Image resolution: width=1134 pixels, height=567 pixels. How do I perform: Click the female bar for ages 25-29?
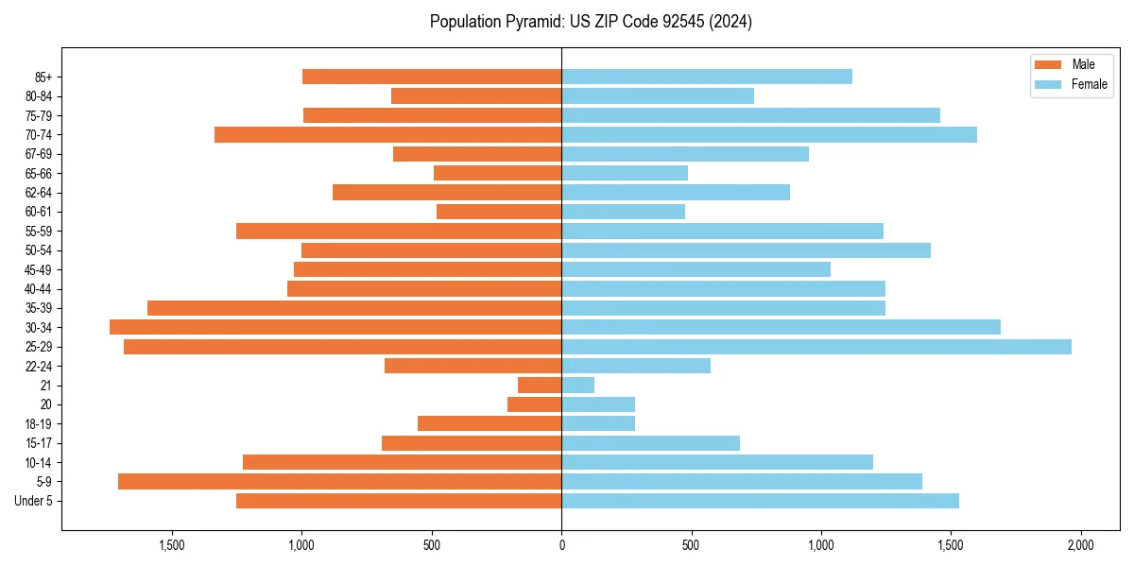(816, 347)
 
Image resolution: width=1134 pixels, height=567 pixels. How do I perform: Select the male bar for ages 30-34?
(335, 327)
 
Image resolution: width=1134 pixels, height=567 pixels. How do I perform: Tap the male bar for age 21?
(540, 386)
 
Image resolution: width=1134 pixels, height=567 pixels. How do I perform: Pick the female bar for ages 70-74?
(769, 134)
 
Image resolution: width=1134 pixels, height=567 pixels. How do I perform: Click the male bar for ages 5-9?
(339, 482)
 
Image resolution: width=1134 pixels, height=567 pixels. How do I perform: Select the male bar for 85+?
(432, 77)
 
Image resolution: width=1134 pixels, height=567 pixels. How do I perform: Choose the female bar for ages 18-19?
(598, 423)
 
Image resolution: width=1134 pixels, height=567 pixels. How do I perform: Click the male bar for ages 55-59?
(399, 231)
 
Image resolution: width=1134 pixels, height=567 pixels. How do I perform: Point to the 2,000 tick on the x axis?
(1081, 545)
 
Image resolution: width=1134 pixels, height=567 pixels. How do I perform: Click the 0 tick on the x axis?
(561, 545)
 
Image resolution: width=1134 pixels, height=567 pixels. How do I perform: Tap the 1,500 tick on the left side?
(171, 545)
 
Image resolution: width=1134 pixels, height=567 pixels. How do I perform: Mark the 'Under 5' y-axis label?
(33, 501)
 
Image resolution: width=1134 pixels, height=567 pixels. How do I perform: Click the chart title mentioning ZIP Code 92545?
(591, 22)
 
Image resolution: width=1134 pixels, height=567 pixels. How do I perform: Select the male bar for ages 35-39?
(354, 308)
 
